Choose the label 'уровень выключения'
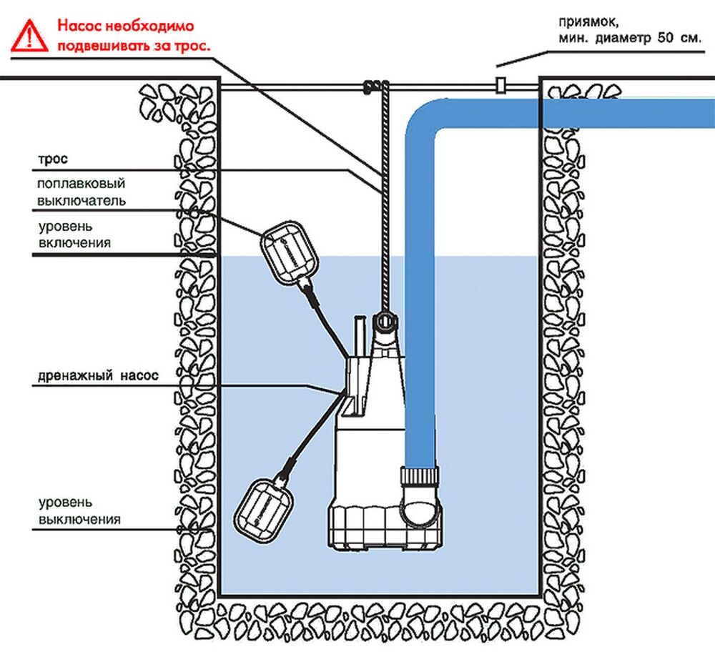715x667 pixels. click(x=79, y=510)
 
